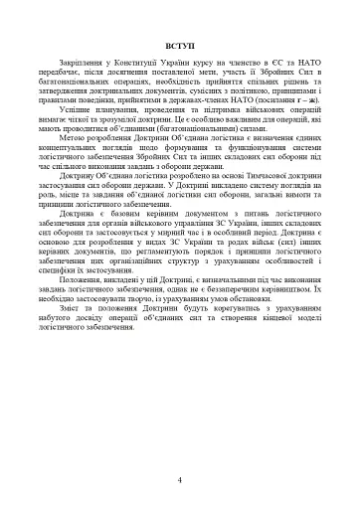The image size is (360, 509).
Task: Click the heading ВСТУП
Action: click(180, 48)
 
